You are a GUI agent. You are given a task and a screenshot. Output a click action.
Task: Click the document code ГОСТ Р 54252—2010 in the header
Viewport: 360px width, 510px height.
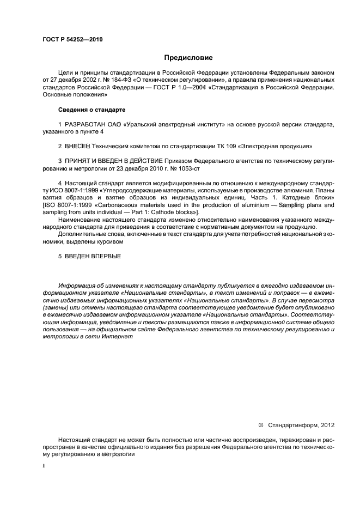72,39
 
